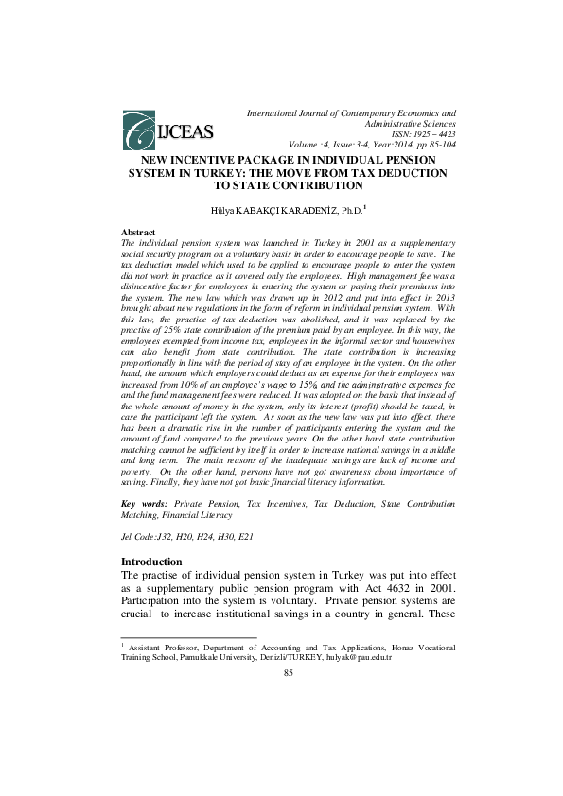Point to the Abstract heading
(139, 232)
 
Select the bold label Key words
(145, 506)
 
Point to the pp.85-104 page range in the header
(433, 146)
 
